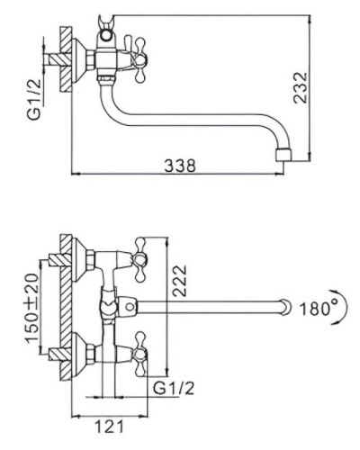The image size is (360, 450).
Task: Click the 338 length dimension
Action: pyautogui.click(x=181, y=166)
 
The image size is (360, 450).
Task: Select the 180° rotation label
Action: pyautogui.click(x=318, y=307)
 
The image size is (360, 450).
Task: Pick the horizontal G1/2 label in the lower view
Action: pyautogui.click(x=173, y=390)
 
